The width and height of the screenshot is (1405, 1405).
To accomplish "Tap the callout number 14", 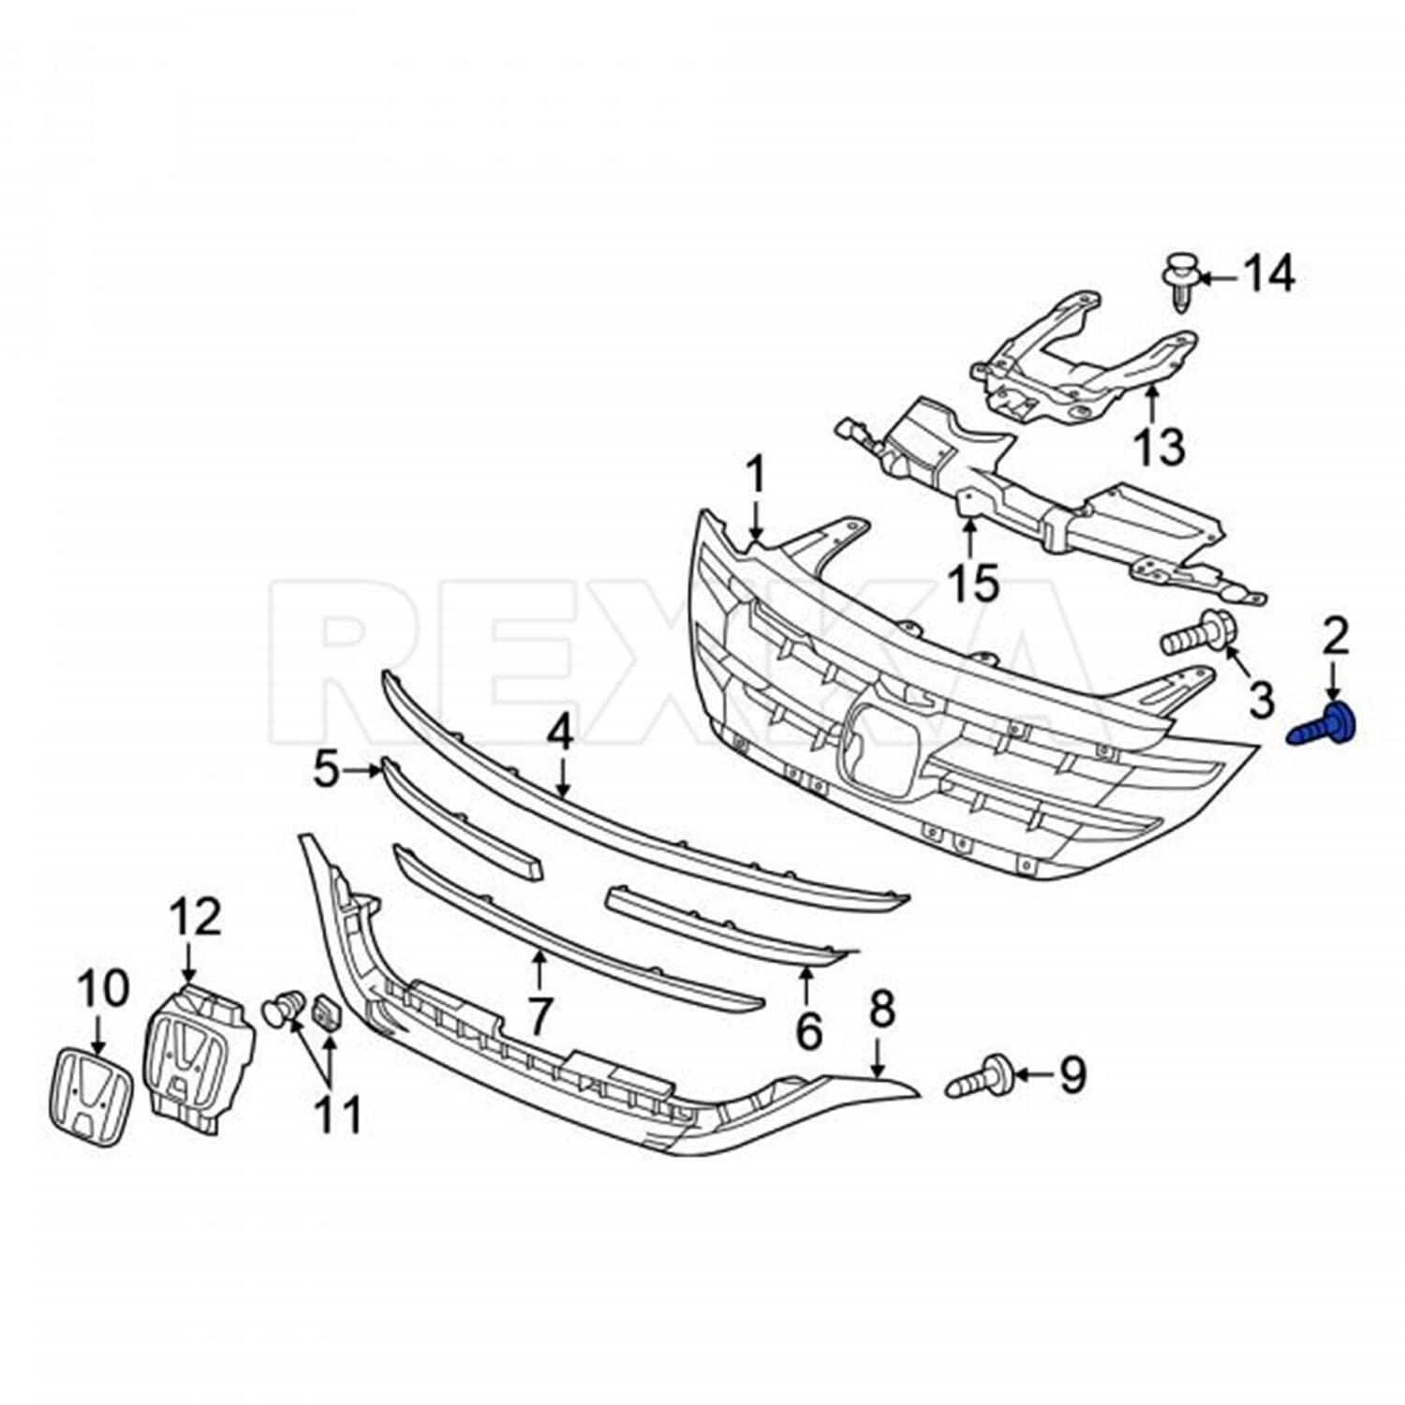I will click(x=1269, y=275).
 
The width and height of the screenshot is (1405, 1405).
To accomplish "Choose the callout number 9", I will click(x=1072, y=1074).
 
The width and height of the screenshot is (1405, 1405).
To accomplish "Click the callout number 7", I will click(x=539, y=1016).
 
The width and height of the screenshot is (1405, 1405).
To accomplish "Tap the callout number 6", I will click(x=808, y=1029).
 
